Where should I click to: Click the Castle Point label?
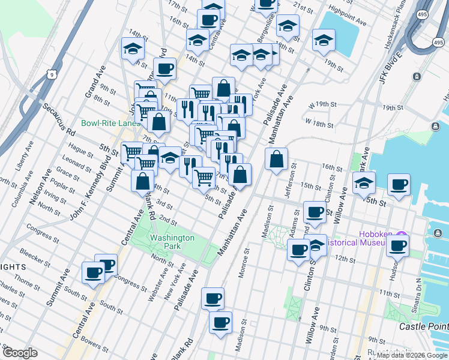pyautogui.click(x=424, y=326)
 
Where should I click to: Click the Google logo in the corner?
pyautogui.click(x=19, y=353)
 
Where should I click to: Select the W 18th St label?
pyautogui.click(x=319, y=122)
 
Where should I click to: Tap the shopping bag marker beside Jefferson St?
pyautogui.click(x=276, y=160)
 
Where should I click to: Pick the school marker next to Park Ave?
pyautogui.click(x=363, y=183)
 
